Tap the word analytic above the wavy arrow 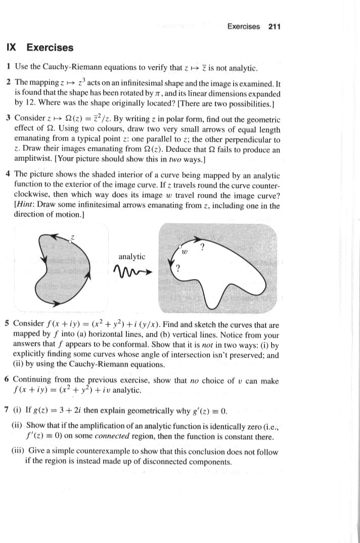131,256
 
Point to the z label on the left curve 72,237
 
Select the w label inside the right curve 185,251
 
